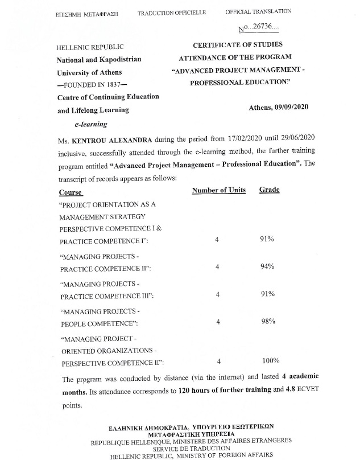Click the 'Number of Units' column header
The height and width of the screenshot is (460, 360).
218,190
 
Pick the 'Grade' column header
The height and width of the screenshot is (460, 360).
269,190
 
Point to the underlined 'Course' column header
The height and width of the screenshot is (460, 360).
71,192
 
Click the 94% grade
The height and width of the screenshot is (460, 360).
267,266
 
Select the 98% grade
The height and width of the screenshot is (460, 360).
268,322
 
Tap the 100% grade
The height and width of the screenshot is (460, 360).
271,360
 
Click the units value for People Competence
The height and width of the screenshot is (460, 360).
218,322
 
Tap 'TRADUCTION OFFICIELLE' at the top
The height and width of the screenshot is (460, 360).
172,12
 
